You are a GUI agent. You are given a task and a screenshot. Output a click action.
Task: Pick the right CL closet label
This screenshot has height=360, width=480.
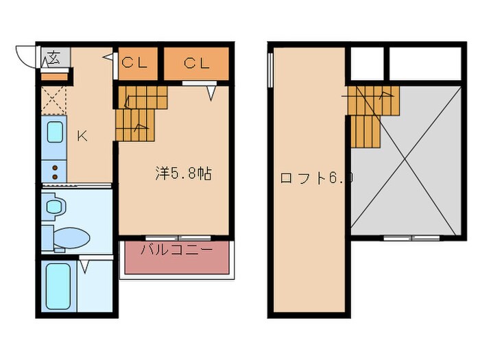[196, 64]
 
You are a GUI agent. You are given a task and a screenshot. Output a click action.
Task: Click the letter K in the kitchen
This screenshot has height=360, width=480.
[81, 135]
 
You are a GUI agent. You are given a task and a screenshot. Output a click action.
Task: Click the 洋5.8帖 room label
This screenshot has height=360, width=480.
[182, 174]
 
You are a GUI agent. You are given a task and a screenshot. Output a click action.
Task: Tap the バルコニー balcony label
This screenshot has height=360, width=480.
[176, 250]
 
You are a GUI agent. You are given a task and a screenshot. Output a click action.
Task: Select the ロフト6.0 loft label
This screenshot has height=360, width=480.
[315, 178]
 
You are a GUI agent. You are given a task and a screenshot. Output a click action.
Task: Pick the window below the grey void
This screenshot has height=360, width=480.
[411, 237]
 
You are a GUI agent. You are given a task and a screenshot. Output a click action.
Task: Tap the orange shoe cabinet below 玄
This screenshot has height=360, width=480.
[54, 77]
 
